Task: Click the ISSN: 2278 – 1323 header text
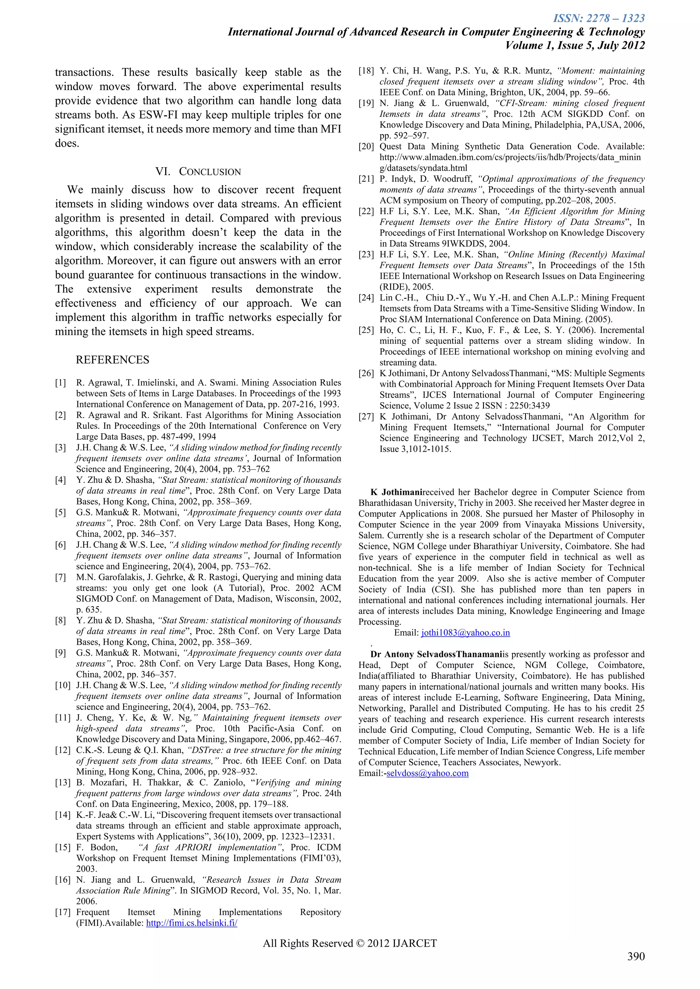pos(599,18)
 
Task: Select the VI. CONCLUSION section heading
pos(198,171)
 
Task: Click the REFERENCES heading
pos(112,360)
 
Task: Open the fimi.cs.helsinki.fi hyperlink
pos(192,923)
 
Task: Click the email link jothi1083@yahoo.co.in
pos(466,633)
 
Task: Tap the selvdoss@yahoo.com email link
pos(427,773)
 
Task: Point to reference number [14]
pos(63,815)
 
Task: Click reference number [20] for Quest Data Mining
pos(366,147)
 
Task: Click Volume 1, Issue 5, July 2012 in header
pos(575,46)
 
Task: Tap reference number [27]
pos(366,417)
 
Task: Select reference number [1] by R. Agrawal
pos(61,382)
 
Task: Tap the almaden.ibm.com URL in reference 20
pos(510,157)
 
